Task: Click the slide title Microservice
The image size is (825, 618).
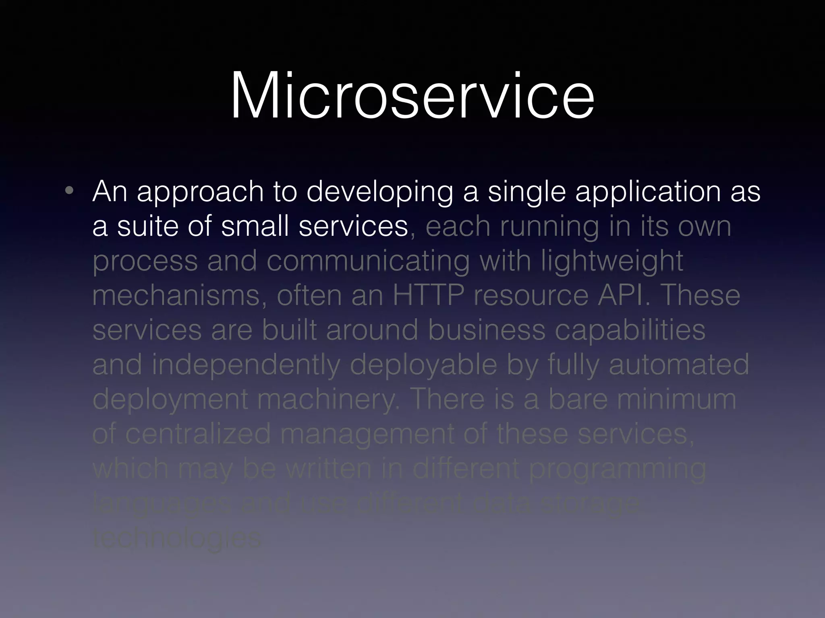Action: [x=412, y=96]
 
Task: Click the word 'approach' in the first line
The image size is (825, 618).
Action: [x=200, y=192]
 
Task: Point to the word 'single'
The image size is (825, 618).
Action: [x=527, y=192]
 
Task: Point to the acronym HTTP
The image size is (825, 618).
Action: [x=428, y=296]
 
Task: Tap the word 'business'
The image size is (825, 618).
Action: [x=487, y=330]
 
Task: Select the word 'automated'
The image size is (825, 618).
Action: [x=679, y=365]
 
